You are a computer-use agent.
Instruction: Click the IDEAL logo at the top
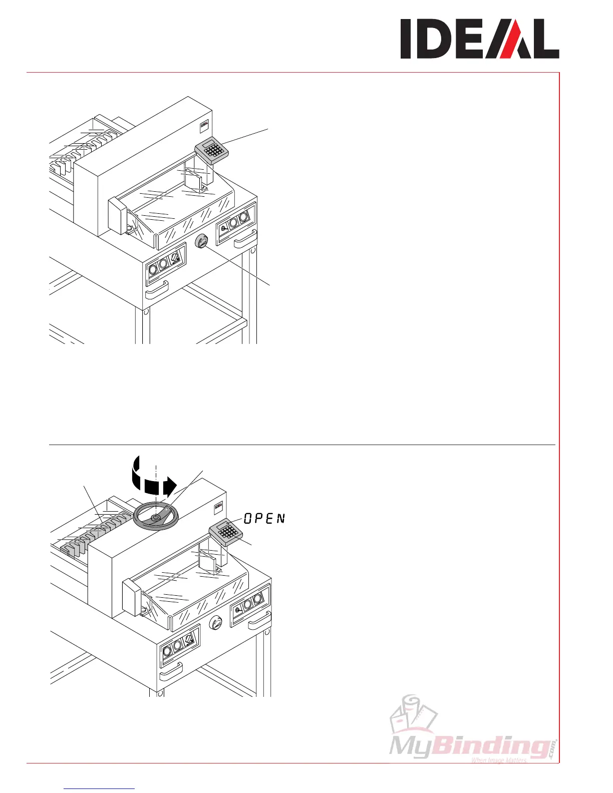click(x=479, y=39)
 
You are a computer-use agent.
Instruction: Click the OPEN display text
click(x=264, y=519)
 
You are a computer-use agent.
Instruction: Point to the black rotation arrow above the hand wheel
click(x=152, y=483)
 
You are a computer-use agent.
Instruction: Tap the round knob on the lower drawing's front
click(x=215, y=623)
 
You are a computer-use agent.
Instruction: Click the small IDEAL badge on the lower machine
click(x=219, y=506)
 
